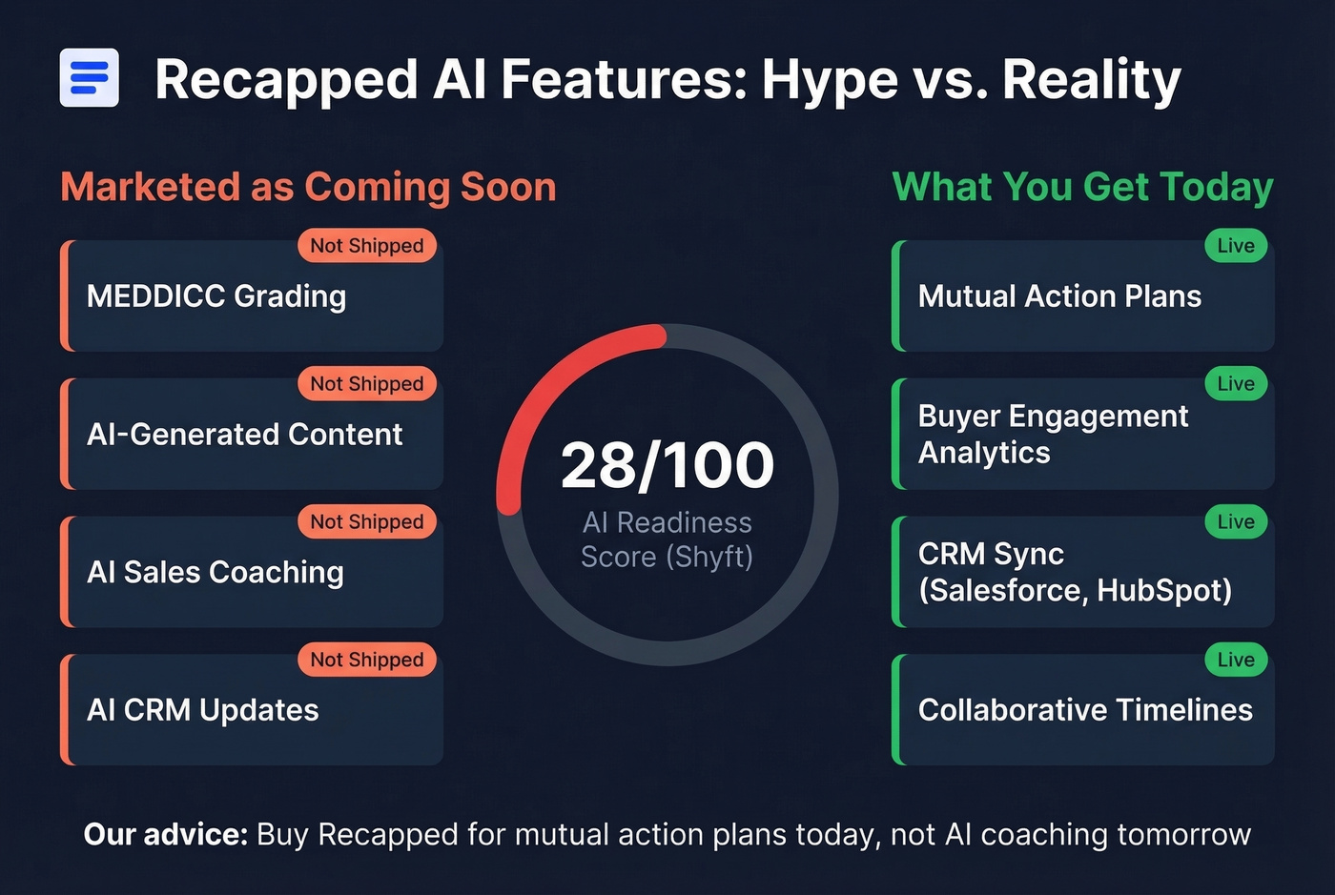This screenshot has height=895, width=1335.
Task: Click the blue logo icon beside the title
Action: click(89, 77)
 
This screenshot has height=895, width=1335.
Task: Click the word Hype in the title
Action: click(829, 79)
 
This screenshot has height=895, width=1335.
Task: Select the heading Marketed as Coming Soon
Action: click(308, 187)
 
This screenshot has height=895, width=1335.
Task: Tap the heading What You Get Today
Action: click(1082, 187)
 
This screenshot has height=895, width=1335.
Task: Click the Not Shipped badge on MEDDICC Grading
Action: click(367, 246)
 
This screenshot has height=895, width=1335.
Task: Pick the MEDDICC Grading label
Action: click(216, 296)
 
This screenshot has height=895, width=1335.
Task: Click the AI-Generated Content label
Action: click(244, 435)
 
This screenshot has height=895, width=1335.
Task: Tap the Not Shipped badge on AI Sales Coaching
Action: click(367, 522)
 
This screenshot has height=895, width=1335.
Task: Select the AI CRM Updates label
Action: click(202, 710)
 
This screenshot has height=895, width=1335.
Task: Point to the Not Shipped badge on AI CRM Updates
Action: click(367, 660)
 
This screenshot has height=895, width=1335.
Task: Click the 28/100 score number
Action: click(667, 465)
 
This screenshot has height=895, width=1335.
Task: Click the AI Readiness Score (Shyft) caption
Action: click(667, 539)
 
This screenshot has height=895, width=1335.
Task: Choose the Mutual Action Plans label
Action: click(1059, 296)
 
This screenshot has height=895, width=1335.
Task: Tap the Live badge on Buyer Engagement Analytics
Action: click(1236, 384)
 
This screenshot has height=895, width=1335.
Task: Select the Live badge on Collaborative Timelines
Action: click(1236, 660)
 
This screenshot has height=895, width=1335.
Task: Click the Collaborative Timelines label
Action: click(1085, 710)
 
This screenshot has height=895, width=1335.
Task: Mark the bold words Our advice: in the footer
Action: click(166, 835)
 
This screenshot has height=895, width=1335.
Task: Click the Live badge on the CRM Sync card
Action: click(1236, 522)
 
